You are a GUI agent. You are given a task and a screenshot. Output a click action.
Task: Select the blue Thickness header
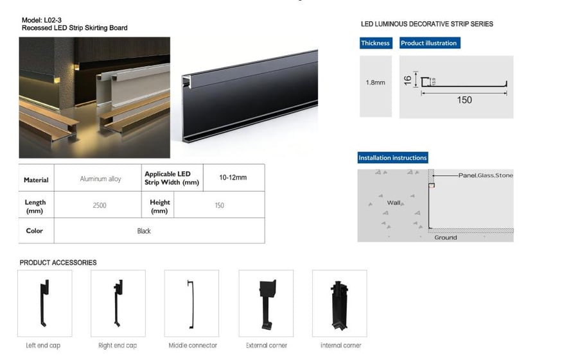coord(376,43)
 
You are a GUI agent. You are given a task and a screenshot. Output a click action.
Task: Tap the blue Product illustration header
coord(430,43)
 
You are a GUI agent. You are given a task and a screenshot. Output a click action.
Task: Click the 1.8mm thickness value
coord(375,83)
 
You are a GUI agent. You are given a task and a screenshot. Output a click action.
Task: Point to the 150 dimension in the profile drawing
coord(464,100)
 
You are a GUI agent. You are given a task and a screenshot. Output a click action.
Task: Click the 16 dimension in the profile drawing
coord(408,80)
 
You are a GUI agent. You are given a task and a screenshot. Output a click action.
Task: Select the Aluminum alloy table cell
coord(100,179)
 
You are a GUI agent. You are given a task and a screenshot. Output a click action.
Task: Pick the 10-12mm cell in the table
coord(233,178)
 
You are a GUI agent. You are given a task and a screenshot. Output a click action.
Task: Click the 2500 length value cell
coord(100,205)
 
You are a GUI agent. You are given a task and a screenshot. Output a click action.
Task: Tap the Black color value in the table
coord(144,231)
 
